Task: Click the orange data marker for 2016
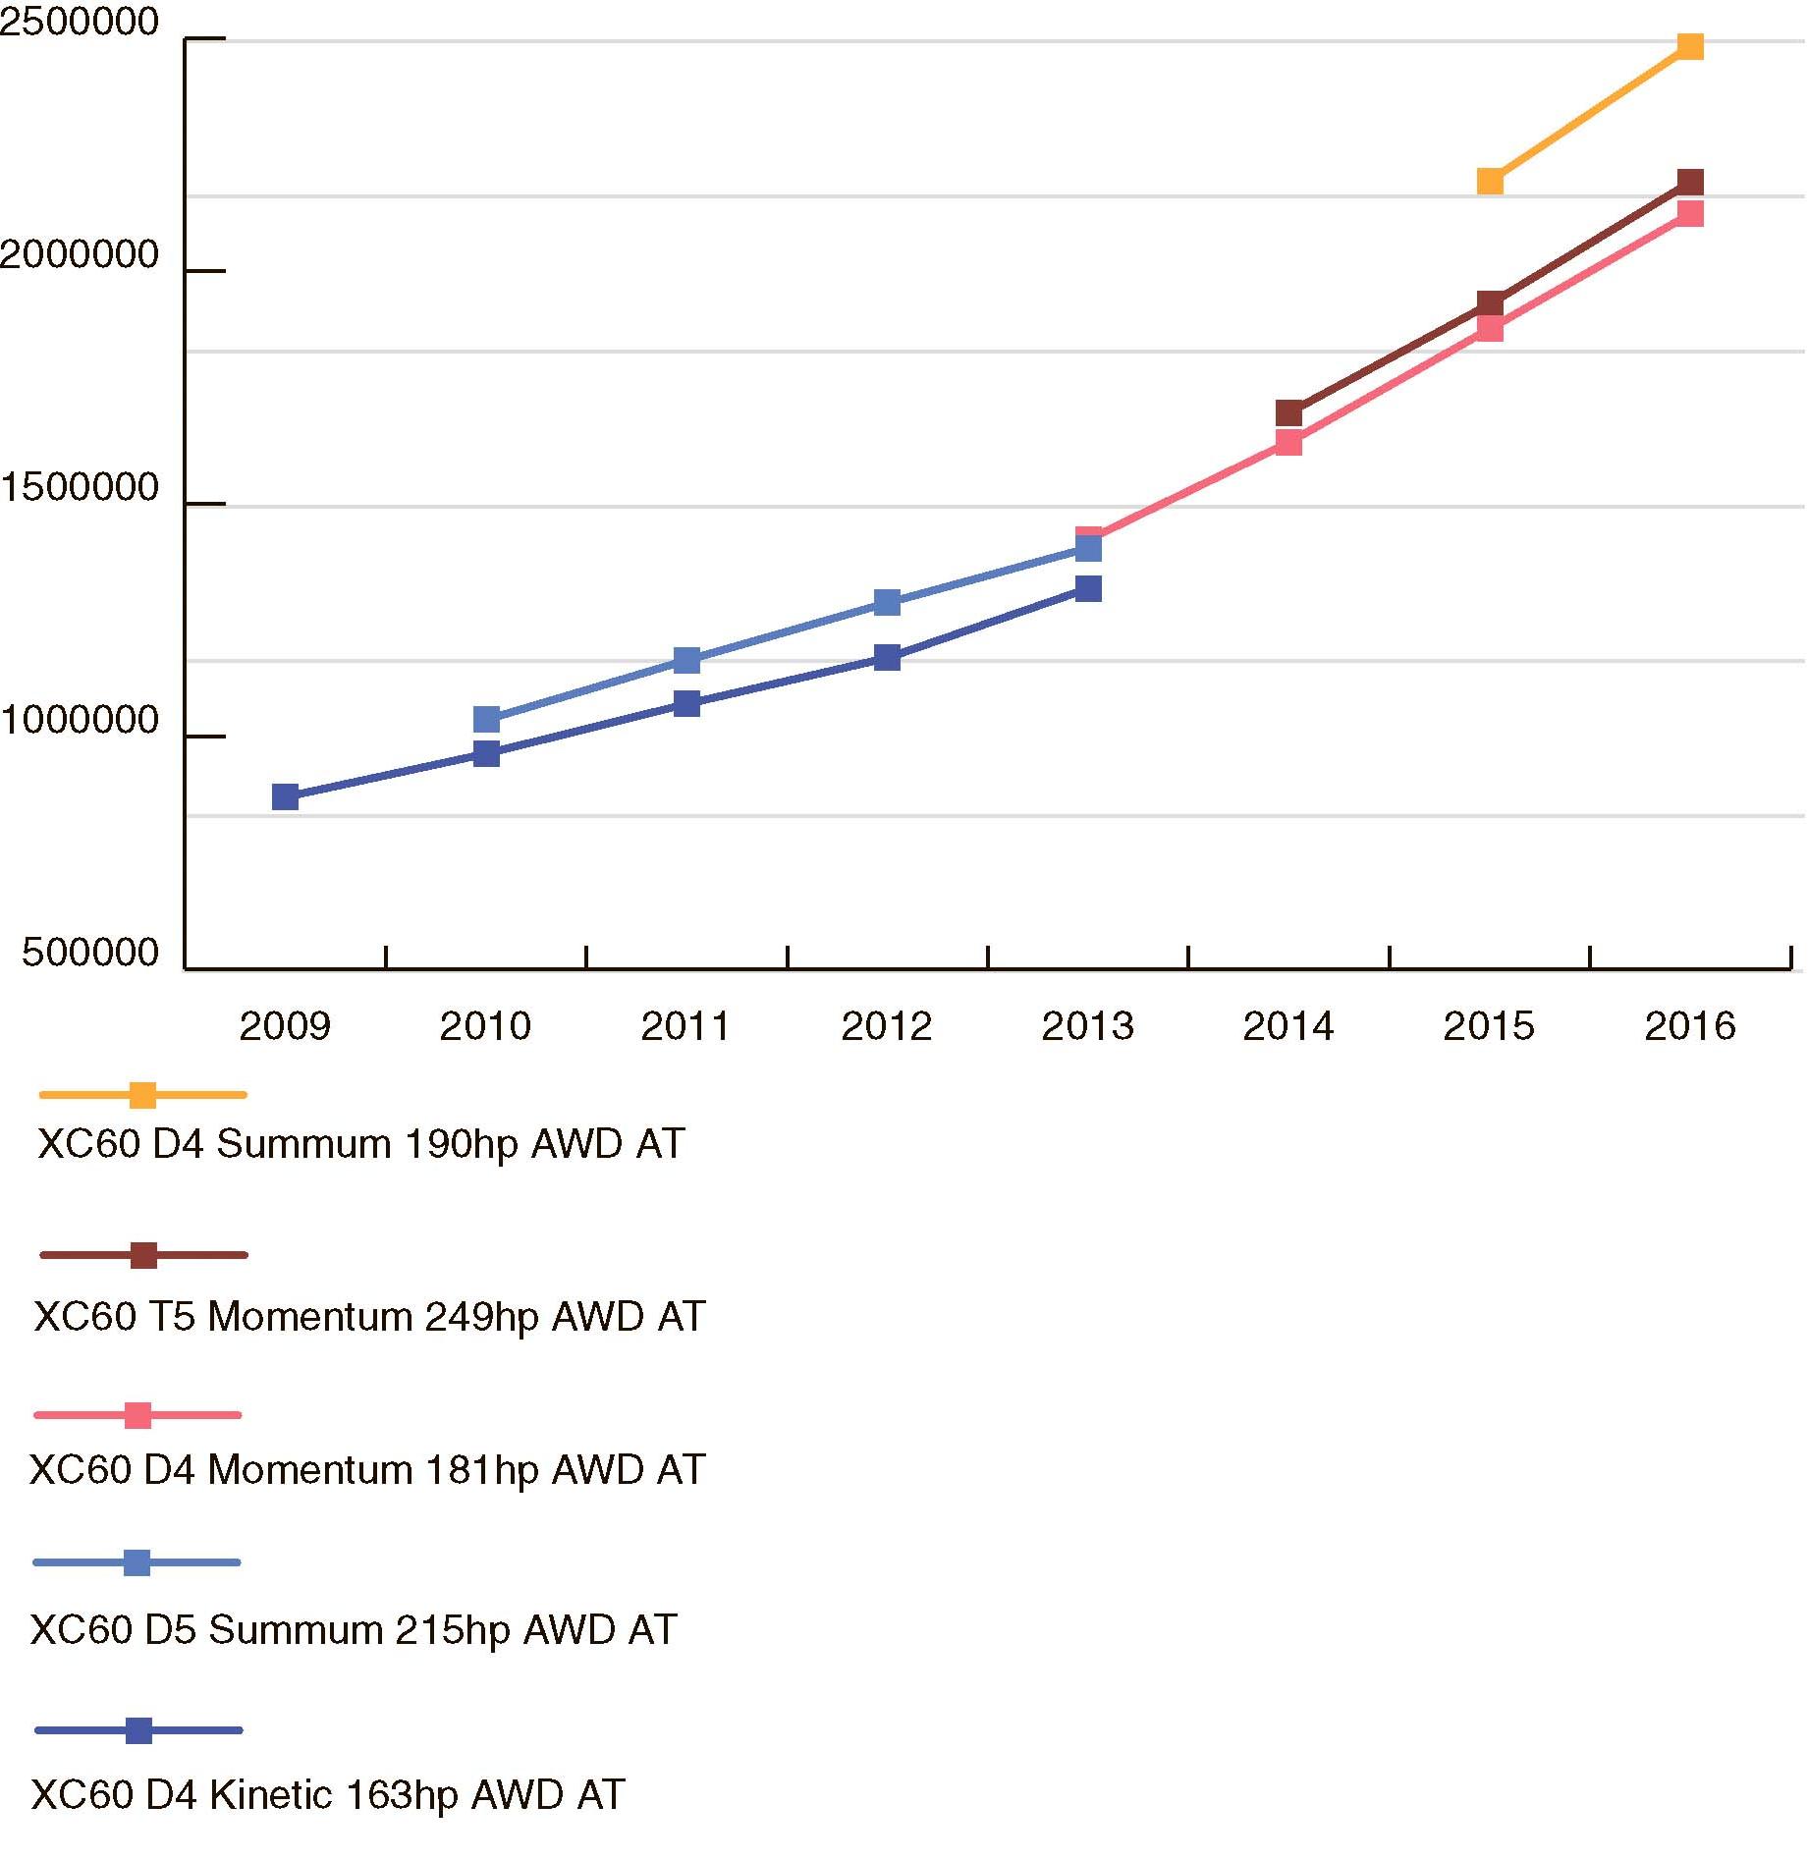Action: [x=1690, y=46]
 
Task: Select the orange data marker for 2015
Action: [x=1490, y=181]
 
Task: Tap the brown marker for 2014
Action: [x=1288, y=412]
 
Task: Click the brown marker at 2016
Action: [x=1690, y=182]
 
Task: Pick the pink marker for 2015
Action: [x=1490, y=328]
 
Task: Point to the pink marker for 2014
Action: [x=1288, y=443]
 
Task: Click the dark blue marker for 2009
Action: [x=285, y=796]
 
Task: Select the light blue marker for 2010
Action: [x=486, y=720]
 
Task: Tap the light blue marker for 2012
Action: [x=887, y=602]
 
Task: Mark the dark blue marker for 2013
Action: [x=1088, y=588]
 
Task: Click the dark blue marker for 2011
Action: [x=686, y=703]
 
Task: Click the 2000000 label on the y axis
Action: [x=80, y=255]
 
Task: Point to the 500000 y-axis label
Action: [x=90, y=953]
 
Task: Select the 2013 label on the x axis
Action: [x=1087, y=1026]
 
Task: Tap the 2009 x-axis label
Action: [x=285, y=1026]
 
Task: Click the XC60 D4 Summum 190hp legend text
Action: [x=360, y=1144]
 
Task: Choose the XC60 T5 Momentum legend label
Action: [x=369, y=1317]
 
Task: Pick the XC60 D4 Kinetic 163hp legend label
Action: [x=328, y=1795]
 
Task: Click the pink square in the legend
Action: [x=138, y=1415]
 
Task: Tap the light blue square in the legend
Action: [x=137, y=1562]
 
